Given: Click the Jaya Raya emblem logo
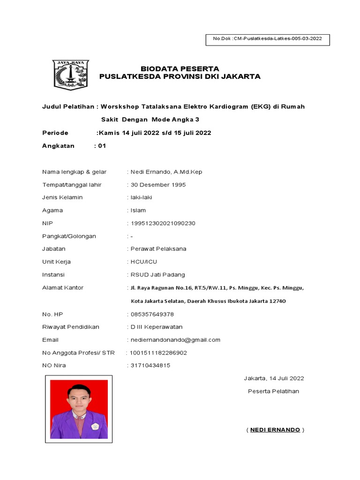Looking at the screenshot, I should click(x=70, y=75).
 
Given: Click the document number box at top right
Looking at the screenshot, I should click(x=268, y=39).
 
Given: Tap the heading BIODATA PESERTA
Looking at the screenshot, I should click(x=180, y=69).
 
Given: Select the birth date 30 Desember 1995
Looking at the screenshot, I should click(x=158, y=185).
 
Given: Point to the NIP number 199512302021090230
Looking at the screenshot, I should click(x=163, y=223).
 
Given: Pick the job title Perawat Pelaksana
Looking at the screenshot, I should click(x=158, y=249).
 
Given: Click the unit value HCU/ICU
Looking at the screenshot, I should click(x=144, y=262).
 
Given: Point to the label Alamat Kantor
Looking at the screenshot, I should click(x=63, y=287).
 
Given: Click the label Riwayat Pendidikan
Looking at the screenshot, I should click(x=71, y=327).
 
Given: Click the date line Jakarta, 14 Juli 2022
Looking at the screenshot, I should click(x=274, y=378).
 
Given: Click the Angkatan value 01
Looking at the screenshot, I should click(x=102, y=146).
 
